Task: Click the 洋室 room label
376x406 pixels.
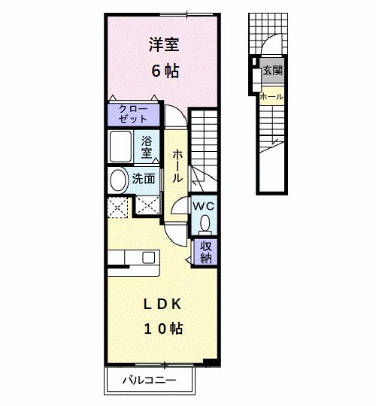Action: (x=162, y=44)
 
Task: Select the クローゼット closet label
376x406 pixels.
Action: (x=133, y=114)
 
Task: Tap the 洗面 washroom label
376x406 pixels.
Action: (x=144, y=179)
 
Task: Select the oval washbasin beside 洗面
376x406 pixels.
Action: (x=118, y=180)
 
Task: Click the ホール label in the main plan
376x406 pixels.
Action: (x=177, y=165)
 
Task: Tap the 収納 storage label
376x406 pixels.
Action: (x=205, y=250)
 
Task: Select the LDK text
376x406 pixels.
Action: (x=162, y=303)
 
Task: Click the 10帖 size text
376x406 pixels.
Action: (x=162, y=328)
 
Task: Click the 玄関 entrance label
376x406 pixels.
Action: (x=272, y=72)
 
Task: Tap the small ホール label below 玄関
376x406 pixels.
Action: (x=271, y=96)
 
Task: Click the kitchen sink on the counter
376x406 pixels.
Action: (x=148, y=259)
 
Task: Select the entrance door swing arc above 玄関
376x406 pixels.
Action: (x=274, y=47)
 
